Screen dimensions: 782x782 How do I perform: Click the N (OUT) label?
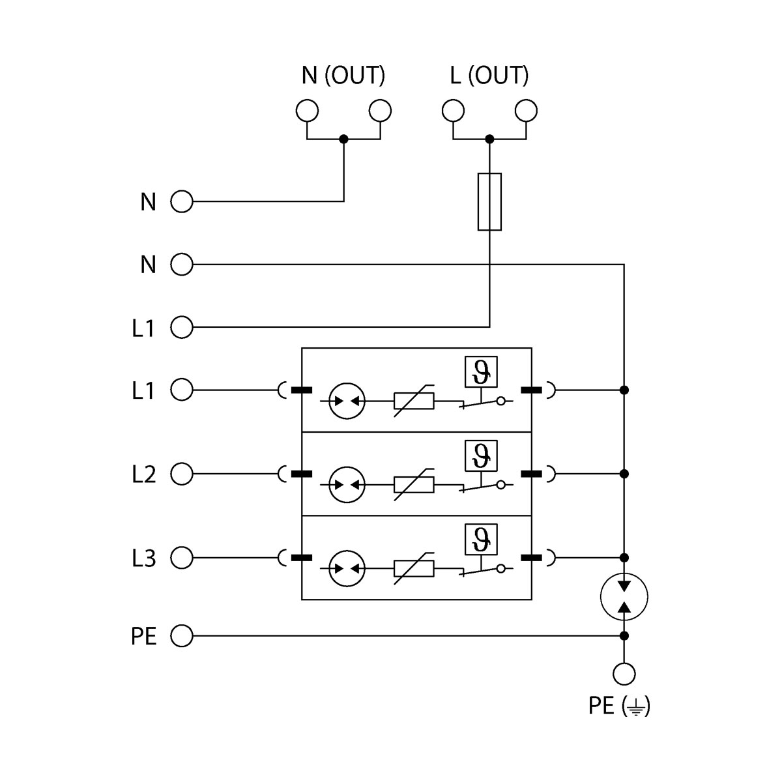click(x=343, y=76)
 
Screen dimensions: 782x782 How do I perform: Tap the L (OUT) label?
click(x=489, y=76)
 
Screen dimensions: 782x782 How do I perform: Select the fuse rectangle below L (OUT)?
click(x=489, y=201)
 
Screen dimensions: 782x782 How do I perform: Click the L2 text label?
click(x=143, y=474)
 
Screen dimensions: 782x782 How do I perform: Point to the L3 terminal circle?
click(x=182, y=558)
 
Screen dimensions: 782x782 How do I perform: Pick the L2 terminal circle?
click(x=182, y=474)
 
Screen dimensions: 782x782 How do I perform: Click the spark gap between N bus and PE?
click(x=624, y=597)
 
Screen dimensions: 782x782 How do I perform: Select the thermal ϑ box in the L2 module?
click(x=481, y=456)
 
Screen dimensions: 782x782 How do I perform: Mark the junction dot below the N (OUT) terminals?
click(x=344, y=139)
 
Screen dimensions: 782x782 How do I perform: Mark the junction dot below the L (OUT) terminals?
click(x=489, y=139)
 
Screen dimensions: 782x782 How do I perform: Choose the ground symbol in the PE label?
click(x=637, y=706)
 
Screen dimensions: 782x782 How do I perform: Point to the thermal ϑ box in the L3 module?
click(x=481, y=539)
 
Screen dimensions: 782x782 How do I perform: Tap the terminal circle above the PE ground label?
click(x=624, y=674)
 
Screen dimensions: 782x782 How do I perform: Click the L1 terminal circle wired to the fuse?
click(x=182, y=327)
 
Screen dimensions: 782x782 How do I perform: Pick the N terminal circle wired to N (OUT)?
click(x=182, y=202)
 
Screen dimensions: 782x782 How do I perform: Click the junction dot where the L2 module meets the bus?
click(x=624, y=474)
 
